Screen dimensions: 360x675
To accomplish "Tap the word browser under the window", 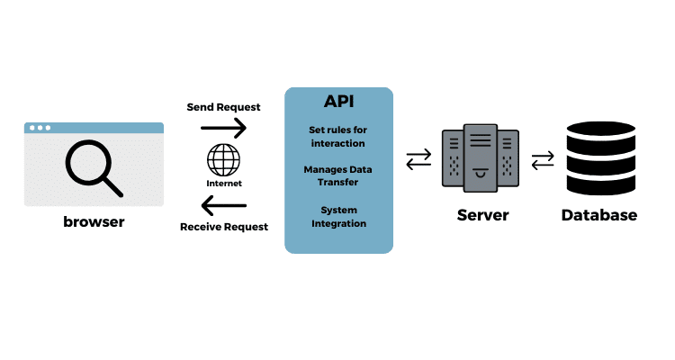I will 94,222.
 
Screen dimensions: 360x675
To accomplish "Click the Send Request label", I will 223,106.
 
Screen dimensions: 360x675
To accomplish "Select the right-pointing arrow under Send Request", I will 223,129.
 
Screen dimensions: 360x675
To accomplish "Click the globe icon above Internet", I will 223,161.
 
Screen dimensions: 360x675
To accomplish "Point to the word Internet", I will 224,183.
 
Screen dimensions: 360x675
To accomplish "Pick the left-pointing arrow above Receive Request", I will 223,202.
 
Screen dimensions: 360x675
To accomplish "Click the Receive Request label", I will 224,227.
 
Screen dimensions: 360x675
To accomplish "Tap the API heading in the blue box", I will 338,101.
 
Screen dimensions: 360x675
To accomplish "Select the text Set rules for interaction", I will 338,136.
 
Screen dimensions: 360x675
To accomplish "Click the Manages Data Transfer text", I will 338,175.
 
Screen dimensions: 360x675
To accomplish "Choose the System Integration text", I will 338,216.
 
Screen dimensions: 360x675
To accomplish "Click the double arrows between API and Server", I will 418,160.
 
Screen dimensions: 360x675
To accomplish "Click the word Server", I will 482,215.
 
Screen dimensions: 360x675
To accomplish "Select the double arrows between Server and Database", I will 543,160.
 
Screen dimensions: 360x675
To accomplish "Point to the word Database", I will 598,215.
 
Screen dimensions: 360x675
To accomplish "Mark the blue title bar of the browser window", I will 94,128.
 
